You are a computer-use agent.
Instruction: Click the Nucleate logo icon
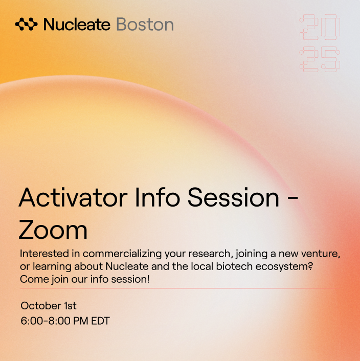(x=26, y=24)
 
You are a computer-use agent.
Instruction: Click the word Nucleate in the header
(x=77, y=24)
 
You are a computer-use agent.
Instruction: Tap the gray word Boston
(x=145, y=24)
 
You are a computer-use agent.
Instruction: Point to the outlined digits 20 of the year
(x=320, y=27)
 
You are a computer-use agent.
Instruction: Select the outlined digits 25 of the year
(x=320, y=59)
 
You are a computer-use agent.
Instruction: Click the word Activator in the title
(x=73, y=197)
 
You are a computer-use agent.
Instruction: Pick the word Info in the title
(x=157, y=197)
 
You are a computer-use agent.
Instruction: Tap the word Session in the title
(x=233, y=197)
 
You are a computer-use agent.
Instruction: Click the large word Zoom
(x=53, y=230)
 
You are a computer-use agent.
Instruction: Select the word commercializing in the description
(x=122, y=254)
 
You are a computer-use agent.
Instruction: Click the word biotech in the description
(x=234, y=266)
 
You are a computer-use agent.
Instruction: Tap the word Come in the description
(x=34, y=279)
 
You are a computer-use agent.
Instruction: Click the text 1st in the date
(x=70, y=306)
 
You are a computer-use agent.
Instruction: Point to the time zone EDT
(x=100, y=321)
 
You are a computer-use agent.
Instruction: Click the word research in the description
(x=209, y=254)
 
